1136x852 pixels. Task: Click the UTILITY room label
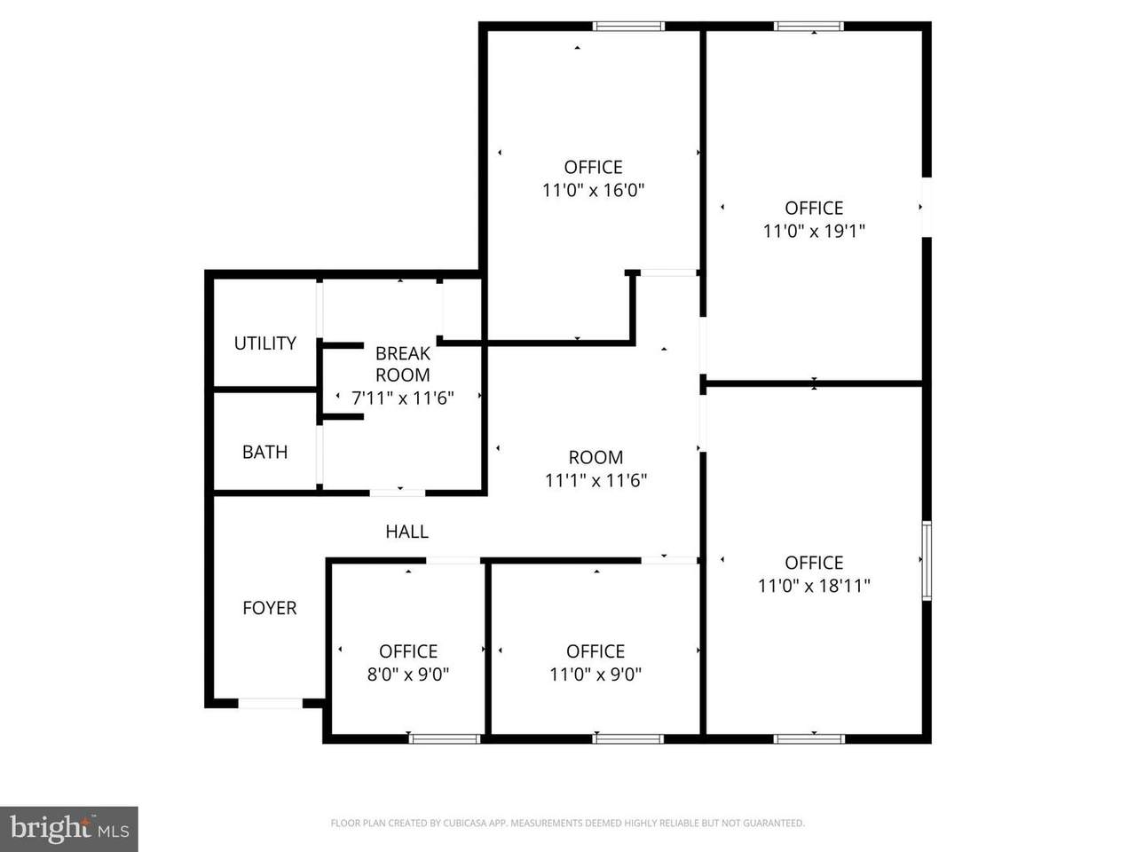(x=265, y=343)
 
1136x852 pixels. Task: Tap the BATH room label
(x=265, y=452)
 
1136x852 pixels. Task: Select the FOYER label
(x=270, y=608)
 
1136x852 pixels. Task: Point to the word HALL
(x=406, y=532)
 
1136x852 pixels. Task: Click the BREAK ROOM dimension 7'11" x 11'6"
(x=403, y=398)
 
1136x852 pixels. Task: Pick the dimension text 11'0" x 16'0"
(x=593, y=190)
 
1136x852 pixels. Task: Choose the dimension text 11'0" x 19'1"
(x=814, y=231)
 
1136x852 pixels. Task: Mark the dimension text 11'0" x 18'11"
(x=814, y=586)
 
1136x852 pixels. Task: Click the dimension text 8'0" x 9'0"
(x=408, y=674)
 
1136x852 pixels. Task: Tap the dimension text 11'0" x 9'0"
(x=596, y=674)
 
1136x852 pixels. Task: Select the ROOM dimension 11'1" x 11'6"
(x=596, y=480)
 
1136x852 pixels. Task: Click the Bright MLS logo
(x=69, y=829)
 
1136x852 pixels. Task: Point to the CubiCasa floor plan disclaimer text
(x=568, y=823)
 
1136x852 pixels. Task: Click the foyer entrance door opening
(x=270, y=703)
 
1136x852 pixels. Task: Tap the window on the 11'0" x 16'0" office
(x=628, y=27)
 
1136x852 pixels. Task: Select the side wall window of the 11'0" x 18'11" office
(x=927, y=561)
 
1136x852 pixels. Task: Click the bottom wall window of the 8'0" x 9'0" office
(x=445, y=738)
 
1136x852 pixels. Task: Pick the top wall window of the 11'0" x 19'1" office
(x=809, y=27)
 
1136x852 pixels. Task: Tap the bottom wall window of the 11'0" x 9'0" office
(x=627, y=738)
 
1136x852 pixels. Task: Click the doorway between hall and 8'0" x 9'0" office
(x=454, y=561)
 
